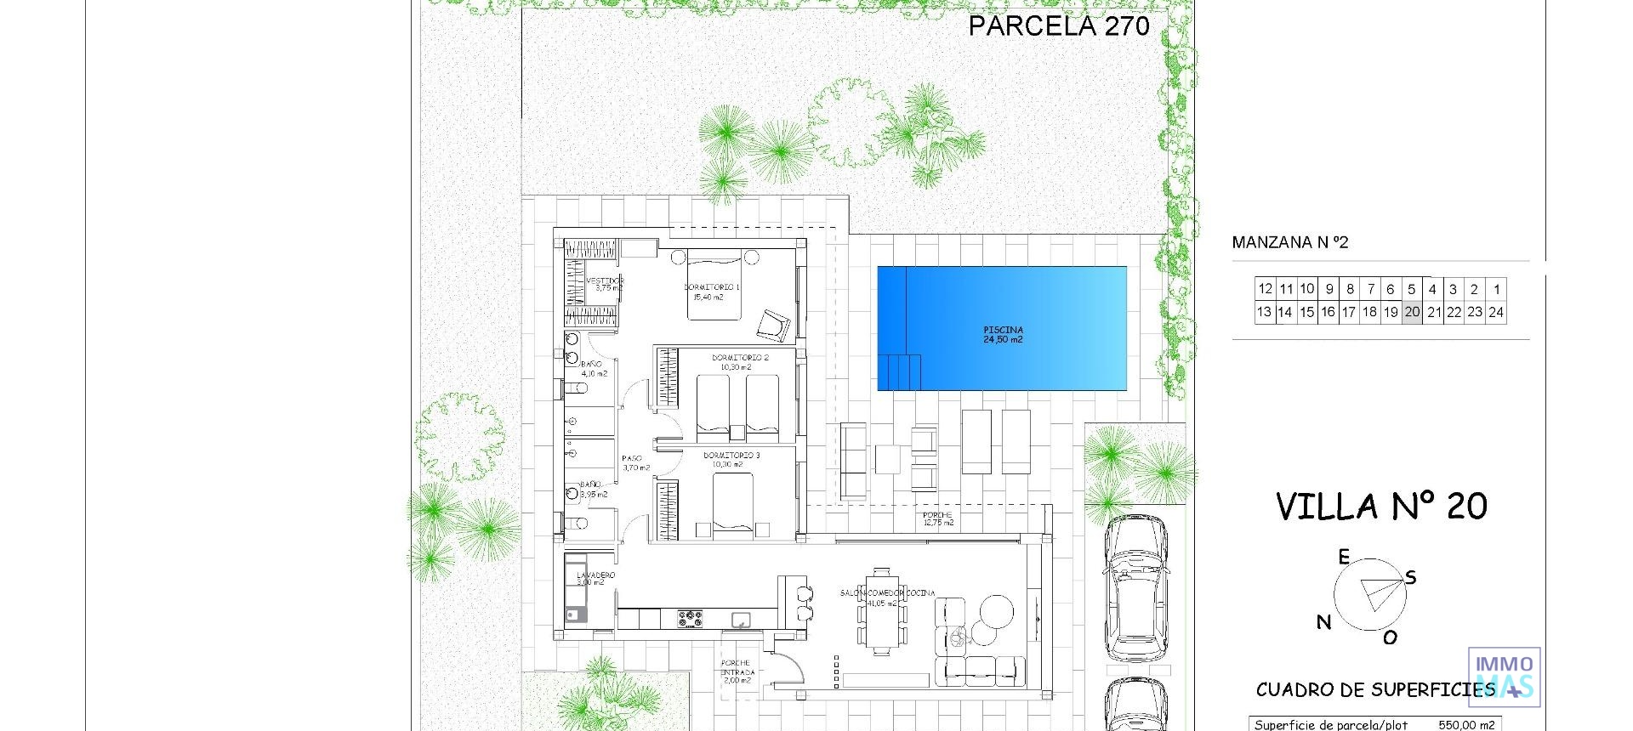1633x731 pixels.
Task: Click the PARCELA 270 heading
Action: click(x=1058, y=25)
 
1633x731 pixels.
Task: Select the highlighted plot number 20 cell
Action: click(x=1412, y=312)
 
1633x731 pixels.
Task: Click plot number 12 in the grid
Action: click(x=1265, y=289)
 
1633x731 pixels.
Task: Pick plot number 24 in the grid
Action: click(x=1496, y=312)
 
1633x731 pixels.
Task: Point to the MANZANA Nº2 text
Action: click(x=1289, y=243)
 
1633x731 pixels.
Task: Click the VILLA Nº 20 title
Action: click(x=1381, y=507)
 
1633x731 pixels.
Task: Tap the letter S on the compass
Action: click(x=1411, y=578)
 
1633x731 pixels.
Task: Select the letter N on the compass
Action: click(x=1323, y=622)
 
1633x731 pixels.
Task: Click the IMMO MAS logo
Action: click(x=1504, y=677)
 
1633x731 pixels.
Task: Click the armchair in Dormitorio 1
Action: click(x=775, y=324)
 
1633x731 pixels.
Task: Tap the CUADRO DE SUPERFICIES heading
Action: click(x=1374, y=690)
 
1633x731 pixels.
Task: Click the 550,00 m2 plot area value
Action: click(x=1466, y=725)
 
